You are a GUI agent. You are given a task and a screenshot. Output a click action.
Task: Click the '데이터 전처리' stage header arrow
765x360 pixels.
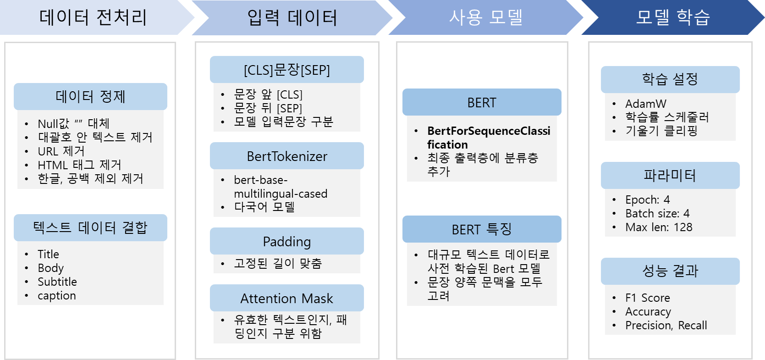point(93,17)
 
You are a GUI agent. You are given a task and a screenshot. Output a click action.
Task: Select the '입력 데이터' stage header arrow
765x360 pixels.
point(292,17)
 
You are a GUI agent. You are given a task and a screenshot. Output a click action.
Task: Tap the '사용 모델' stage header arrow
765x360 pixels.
point(486,17)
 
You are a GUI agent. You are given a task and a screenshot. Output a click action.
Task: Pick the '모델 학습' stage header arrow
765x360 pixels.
point(672,17)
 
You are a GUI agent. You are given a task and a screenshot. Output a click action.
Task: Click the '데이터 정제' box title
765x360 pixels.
point(90,96)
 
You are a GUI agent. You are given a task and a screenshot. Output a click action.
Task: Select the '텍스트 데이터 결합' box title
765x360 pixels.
point(90,227)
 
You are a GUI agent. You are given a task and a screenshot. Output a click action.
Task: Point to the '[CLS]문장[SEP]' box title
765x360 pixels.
point(287,70)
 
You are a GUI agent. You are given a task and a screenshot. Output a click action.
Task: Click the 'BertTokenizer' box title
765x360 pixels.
point(287,156)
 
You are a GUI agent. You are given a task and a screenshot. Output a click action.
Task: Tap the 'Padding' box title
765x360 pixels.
point(287,241)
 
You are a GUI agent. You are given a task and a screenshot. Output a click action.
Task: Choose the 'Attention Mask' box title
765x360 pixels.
point(287,298)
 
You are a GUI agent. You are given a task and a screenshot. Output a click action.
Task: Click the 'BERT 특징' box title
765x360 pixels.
point(482,229)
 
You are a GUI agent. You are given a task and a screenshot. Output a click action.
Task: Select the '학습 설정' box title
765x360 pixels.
point(670,79)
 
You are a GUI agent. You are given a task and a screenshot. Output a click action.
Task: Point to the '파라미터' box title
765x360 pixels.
point(670,175)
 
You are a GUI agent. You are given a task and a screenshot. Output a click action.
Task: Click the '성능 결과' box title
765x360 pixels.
point(670,271)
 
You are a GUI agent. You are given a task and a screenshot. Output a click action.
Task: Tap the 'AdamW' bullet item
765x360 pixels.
point(646,104)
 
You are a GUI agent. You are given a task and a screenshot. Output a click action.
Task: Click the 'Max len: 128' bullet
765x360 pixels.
point(659,227)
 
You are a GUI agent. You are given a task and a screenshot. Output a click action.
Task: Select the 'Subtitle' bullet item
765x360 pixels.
point(57,282)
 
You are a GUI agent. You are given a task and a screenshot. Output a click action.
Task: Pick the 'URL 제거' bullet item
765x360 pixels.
point(61,151)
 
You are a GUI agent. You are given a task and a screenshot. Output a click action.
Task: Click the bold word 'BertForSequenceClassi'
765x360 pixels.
point(489,131)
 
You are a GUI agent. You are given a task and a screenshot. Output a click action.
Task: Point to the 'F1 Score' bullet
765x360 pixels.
point(648,298)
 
